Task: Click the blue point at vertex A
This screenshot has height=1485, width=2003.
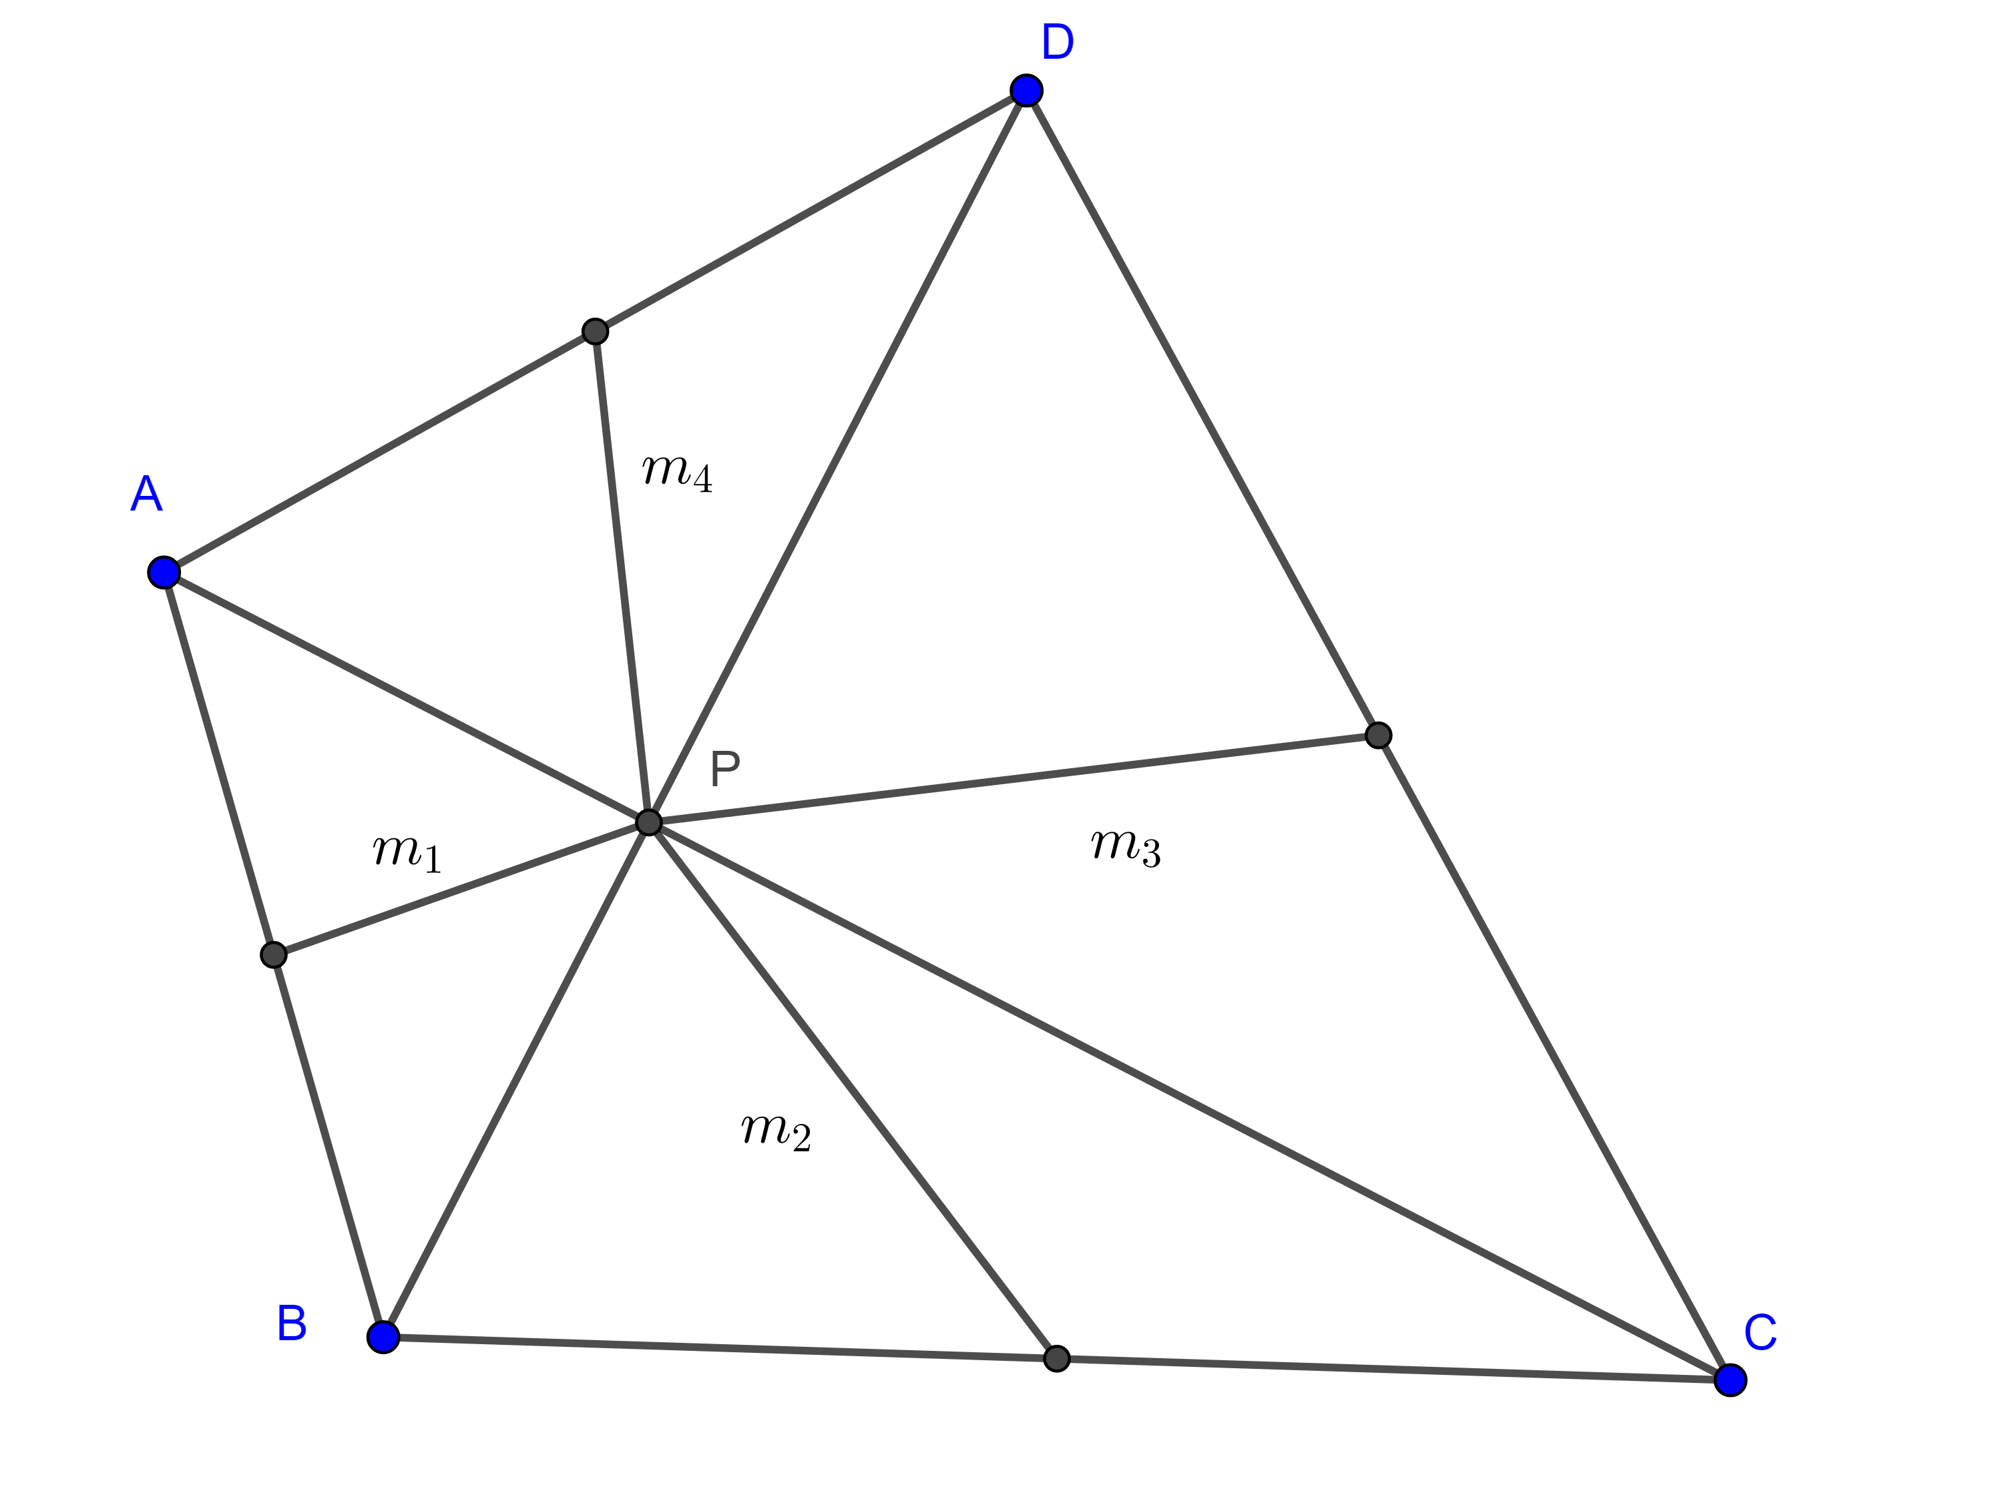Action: pyautogui.click(x=164, y=572)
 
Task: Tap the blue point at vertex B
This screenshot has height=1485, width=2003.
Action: pyautogui.click(x=383, y=1337)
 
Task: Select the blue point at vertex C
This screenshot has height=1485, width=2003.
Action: pyautogui.click(x=1730, y=1379)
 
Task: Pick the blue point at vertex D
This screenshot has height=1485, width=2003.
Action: pyautogui.click(x=1026, y=90)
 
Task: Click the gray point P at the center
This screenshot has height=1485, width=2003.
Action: pyautogui.click(x=648, y=822)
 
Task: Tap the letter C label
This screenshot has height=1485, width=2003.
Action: pyautogui.click(x=1759, y=1332)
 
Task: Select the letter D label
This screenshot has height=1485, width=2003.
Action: pyautogui.click(x=1057, y=41)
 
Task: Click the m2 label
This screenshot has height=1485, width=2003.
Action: pyautogui.click(x=776, y=1130)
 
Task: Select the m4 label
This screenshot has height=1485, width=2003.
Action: pyautogui.click(x=677, y=471)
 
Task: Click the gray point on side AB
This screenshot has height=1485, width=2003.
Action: pyautogui.click(x=273, y=954)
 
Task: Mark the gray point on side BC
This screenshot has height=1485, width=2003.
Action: pyautogui.click(x=1056, y=1358)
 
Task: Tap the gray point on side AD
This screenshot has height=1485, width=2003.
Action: pyautogui.click(x=595, y=331)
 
